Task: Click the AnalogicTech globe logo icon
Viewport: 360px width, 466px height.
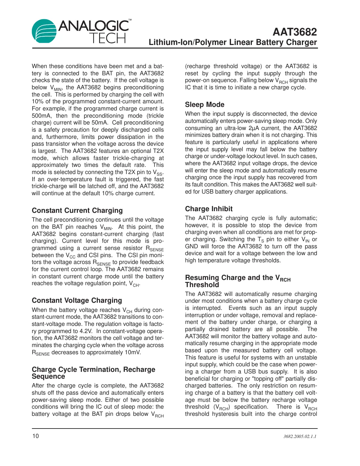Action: [44, 31]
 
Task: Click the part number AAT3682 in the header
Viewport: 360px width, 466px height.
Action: [295, 32]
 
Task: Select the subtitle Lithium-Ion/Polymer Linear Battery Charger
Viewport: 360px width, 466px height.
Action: [233, 42]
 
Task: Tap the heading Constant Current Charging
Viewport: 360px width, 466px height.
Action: [77, 211]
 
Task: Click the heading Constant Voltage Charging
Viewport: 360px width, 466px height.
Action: [77, 300]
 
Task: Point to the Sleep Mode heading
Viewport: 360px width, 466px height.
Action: [205, 105]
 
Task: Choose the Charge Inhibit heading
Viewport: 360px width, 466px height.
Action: [209, 209]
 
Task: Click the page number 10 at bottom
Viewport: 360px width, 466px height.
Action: [35, 436]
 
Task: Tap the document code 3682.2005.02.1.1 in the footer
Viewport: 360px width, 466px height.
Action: [300, 436]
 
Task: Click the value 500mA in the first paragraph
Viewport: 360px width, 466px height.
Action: [41, 116]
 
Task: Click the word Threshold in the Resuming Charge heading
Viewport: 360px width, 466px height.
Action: [202, 285]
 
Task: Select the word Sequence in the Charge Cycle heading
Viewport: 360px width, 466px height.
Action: [48, 376]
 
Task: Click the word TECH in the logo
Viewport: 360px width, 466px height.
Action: [108, 38]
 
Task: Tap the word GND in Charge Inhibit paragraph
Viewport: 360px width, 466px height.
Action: [192, 246]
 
